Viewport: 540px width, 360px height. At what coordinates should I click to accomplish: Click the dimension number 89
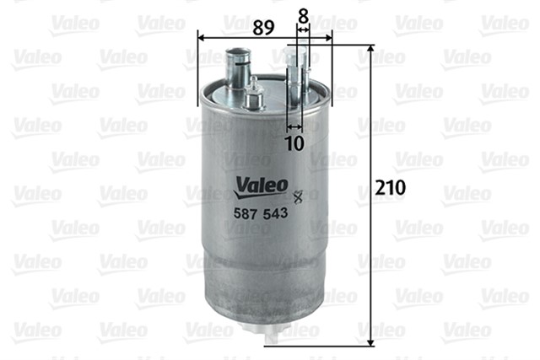263,27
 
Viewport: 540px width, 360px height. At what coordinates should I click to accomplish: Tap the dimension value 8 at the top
303,16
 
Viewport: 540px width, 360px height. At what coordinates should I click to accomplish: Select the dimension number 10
295,143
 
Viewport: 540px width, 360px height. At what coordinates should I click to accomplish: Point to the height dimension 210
390,187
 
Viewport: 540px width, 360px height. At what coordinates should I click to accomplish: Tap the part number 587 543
261,213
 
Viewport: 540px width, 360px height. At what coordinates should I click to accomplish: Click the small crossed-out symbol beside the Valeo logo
298,196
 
